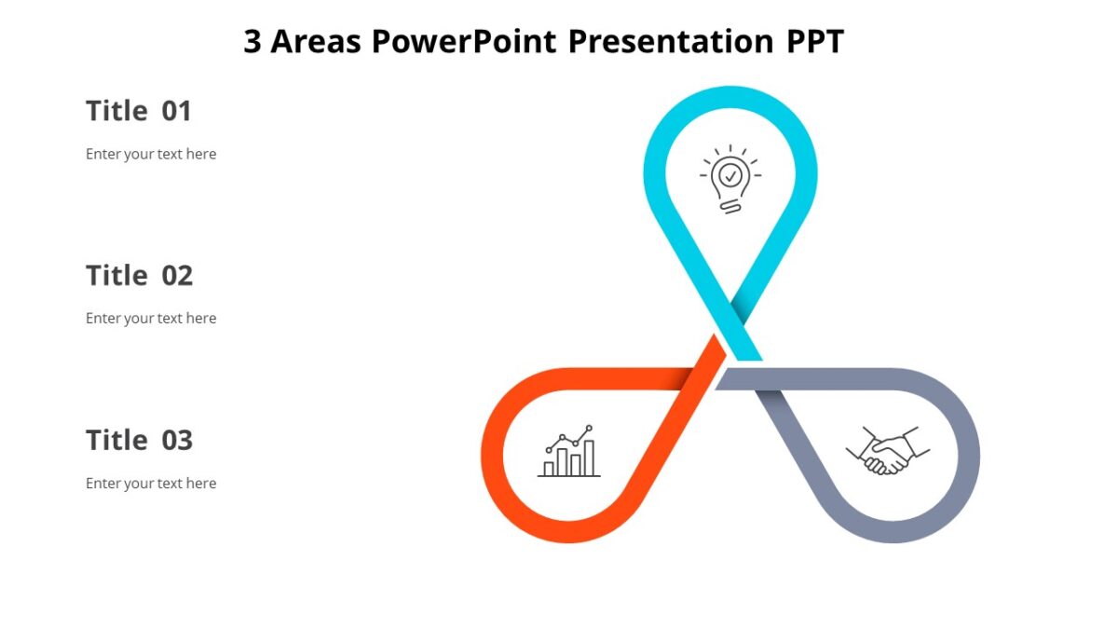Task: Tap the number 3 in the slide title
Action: [x=252, y=42]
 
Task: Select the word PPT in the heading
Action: [x=812, y=42]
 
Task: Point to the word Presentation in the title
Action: [x=671, y=42]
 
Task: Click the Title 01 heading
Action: [x=139, y=111]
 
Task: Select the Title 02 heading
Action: [x=139, y=276]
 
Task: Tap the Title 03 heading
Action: [x=139, y=440]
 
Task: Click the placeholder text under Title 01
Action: [x=151, y=154]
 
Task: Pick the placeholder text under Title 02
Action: [x=151, y=319]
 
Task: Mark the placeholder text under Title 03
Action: [x=151, y=483]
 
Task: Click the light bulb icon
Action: [x=731, y=179]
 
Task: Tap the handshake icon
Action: [x=887, y=452]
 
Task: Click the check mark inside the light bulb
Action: [x=731, y=174]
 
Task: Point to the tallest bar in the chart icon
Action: [x=589, y=458]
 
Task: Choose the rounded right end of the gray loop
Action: [x=968, y=456]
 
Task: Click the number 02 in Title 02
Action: [x=177, y=276]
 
